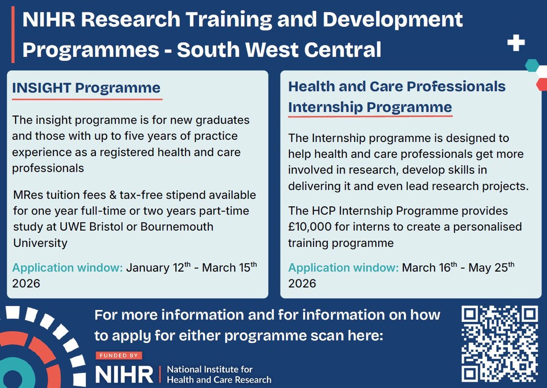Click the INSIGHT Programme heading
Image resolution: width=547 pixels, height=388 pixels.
pos(86,88)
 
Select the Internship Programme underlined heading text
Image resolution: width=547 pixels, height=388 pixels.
pos(370,107)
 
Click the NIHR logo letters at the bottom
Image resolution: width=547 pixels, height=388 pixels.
pos(124,374)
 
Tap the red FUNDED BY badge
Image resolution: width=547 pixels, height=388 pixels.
pos(119,355)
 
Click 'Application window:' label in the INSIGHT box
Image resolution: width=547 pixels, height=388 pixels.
pos(67,268)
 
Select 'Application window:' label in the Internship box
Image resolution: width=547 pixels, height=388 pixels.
pos(343,268)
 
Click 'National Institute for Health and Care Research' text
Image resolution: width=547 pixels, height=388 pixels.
pos(219,374)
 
